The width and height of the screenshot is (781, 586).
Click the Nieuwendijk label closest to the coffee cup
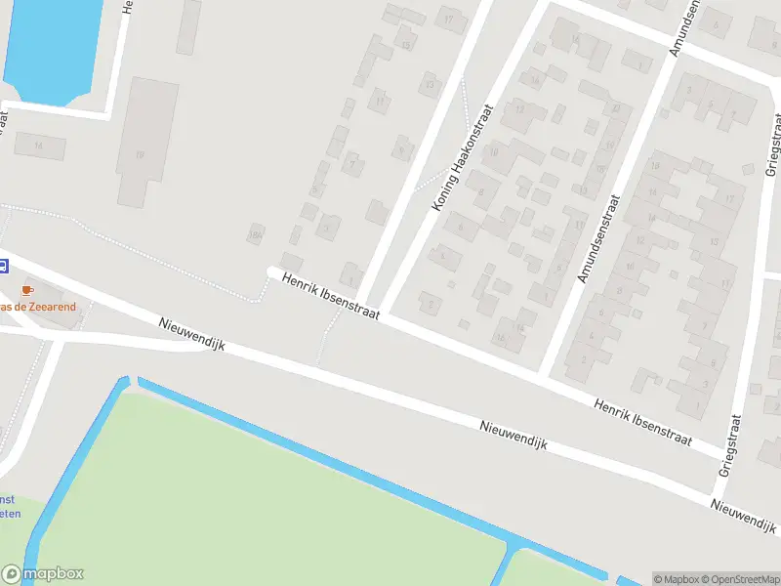pos(191,333)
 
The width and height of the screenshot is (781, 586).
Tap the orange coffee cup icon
pos(26,290)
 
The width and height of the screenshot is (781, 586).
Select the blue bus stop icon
pos(4,265)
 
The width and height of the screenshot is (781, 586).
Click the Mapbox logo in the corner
pos(42,574)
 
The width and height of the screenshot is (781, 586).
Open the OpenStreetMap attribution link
pos(740,578)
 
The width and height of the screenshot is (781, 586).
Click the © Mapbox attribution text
pos(676,578)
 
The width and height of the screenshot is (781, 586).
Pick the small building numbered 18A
pos(257,233)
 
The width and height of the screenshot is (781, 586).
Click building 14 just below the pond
pos(40,146)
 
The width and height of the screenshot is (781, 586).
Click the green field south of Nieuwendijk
pos(244,498)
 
